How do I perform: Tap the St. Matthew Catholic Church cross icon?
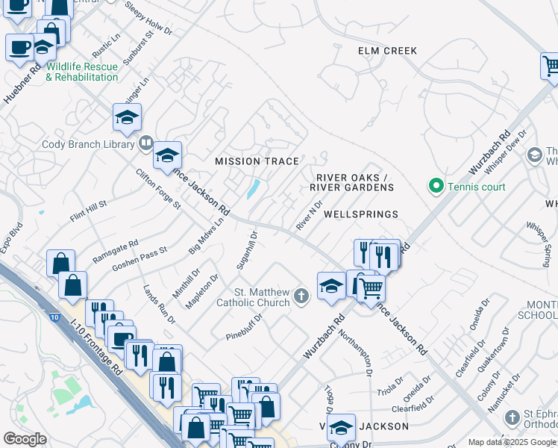click(x=301, y=296)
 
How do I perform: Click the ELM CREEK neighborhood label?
click(x=387, y=51)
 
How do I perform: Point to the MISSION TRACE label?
click(x=257, y=161)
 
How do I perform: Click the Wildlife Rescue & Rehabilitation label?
click(x=82, y=72)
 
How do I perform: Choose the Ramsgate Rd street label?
click(x=116, y=250)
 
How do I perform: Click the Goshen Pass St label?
click(x=139, y=259)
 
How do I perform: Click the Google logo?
click(x=25, y=439)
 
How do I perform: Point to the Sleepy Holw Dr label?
click(x=148, y=22)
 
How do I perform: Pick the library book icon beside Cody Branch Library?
click(x=146, y=143)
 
